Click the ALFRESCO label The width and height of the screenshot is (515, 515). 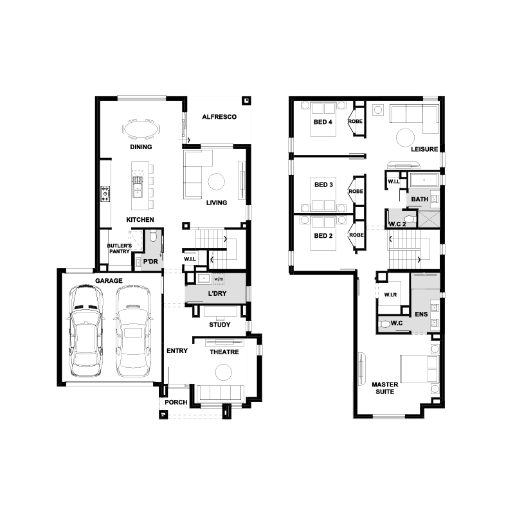click(219, 117)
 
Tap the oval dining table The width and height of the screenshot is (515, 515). click(141, 129)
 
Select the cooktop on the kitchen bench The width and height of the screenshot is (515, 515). click(105, 194)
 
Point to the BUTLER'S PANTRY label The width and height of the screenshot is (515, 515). click(120, 248)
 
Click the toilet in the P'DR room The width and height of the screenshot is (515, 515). click(153, 236)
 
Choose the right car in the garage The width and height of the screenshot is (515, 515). click(133, 331)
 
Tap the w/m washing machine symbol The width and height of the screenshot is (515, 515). click(219, 279)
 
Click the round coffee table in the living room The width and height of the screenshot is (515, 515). click(217, 181)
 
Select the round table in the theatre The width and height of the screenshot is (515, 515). click(224, 372)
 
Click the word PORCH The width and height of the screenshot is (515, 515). click(176, 402)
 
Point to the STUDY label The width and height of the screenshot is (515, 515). click(220, 325)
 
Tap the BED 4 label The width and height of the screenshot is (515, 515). click(323, 122)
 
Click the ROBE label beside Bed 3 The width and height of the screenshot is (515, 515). click(356, 191)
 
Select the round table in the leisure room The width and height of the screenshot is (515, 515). click(405, 138)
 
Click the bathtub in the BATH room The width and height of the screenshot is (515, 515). click(424, 181)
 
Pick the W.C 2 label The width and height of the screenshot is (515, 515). click(397, 224)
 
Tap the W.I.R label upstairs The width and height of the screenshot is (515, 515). click(390, 295)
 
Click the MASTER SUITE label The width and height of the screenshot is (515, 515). click(385, 388)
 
